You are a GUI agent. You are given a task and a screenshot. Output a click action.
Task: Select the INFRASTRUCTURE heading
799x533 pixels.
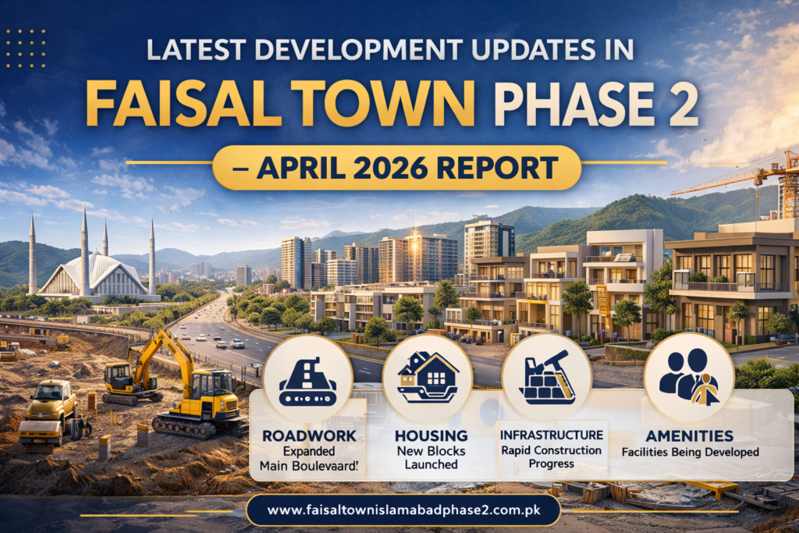(552, 434)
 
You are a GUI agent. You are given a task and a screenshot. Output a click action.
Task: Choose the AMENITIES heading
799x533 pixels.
(689, 435)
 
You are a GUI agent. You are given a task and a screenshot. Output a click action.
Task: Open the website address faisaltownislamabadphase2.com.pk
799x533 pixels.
(403, 511)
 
